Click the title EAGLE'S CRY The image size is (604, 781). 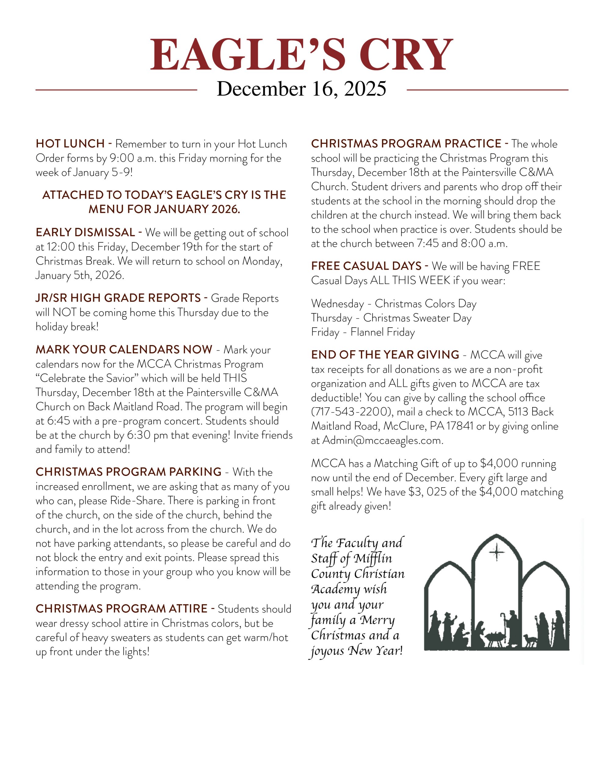click(x=301, y=54)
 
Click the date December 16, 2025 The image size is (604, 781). click(x=301, y=89)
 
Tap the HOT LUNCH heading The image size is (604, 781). click(x=70, y=144)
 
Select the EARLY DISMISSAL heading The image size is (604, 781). click(x=85, y=232)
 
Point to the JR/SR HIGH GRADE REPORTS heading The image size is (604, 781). click(x=118, y=298)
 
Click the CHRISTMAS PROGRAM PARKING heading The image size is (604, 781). click(x=129, y=472)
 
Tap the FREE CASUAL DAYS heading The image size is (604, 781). click(x=366, y=266)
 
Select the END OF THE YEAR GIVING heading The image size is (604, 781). click(x=385, y=355)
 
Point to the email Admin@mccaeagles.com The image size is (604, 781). click(x=382, y=441)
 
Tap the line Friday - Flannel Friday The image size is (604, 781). click(x=363, y=332)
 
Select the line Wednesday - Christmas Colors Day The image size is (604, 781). click(x=394, y=304)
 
